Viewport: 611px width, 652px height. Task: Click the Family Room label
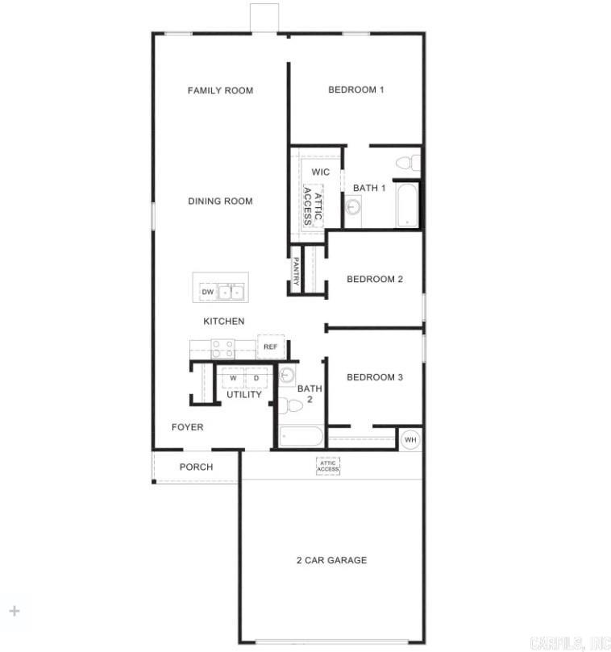pyautogui.click(x=220, y=90)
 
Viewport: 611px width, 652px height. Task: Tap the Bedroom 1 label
pyautogui.click(x=355, y=89)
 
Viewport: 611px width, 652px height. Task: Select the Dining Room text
pyautogui.click(x=220, y=201)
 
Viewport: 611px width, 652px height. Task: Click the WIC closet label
pyautogui.click(x=321, y=172)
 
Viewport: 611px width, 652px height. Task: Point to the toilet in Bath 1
pyautogui.click(x=407, y=164)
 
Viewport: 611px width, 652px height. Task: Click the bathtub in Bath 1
pyautogui.click(x=407, y=206)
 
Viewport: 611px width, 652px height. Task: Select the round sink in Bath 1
pyautogui.click(x=353, y=207)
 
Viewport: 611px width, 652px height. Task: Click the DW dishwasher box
pyautogui.click(x=207, y=292)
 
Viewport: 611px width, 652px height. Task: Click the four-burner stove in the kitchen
pyautogui.click(x=222, y=348)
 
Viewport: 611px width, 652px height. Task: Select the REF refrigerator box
pyautogui.click(x=270, y=347)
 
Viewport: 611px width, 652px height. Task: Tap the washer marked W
pyautogui.click(x=233, y=377)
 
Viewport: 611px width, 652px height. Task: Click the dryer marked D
pyautogui.click(x=256, y=377)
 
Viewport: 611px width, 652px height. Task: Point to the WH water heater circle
pyautogui.click(x=410, y=439)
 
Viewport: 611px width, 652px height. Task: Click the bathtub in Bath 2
pyautogui.click(x=301, y=437)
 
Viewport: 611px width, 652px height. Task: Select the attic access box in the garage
pyautogui.click(x=328, y=466)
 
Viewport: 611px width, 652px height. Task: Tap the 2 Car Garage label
pyautogui.click(x=330, y=560)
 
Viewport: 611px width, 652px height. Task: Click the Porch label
pyautogui.click(x=196, y=467)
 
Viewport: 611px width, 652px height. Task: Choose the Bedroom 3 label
pyautogui.click(x=375, y=377)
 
